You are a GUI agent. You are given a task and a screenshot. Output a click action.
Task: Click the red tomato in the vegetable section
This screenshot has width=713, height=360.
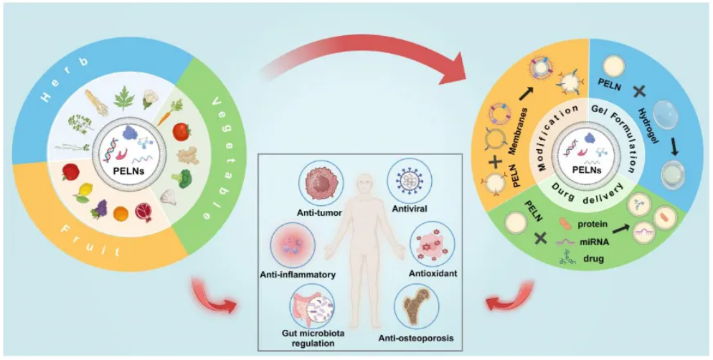(181, 132)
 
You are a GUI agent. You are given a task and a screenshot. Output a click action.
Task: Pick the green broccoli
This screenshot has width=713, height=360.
(181, 178)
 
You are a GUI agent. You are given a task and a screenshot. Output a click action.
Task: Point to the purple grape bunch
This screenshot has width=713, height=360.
(100, 209)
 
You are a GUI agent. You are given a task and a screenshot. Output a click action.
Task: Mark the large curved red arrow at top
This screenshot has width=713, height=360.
(368, 55)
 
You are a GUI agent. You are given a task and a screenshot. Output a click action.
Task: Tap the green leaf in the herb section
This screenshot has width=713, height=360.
(121, 98)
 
